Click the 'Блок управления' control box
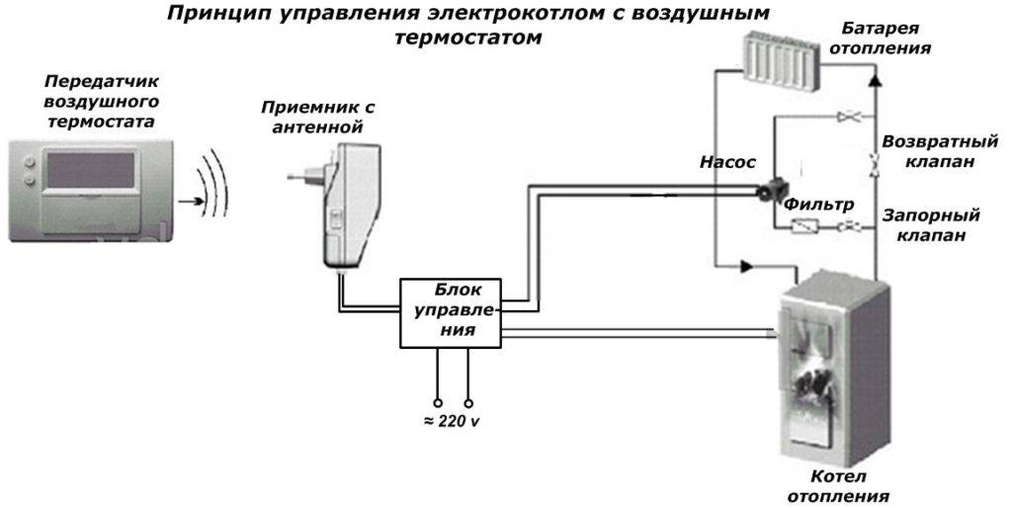tap(451, 312)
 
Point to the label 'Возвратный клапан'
tap(929, 151)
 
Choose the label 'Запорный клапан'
tap(930, 224)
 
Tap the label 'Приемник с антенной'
tap(318, 116)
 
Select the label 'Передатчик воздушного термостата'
tap(101, 99)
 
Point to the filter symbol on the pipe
tap(803, 226)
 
